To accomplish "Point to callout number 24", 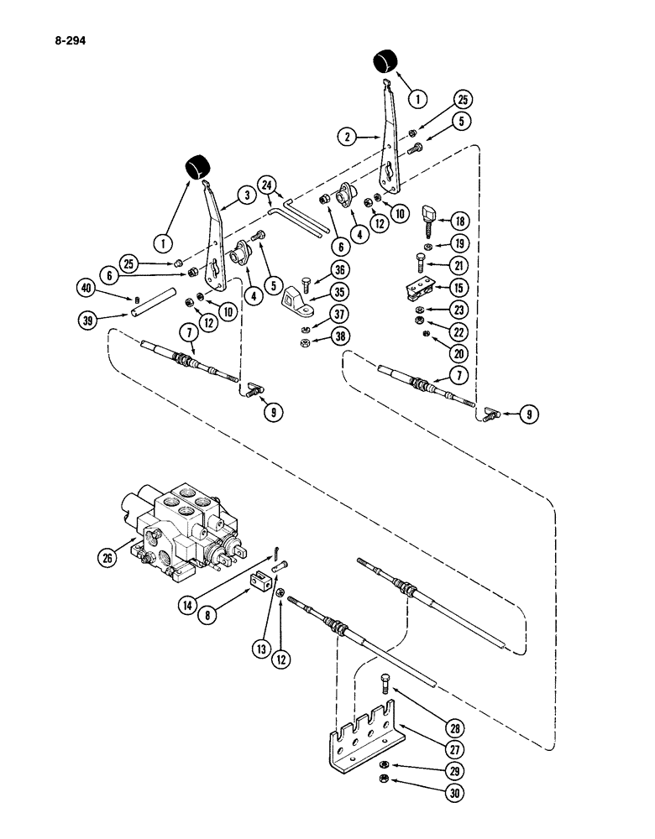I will (x=268, y=185).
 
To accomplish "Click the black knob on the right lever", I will (x=386, y=61).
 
